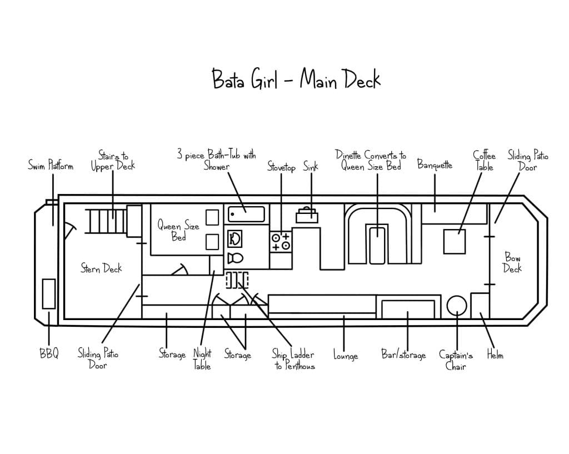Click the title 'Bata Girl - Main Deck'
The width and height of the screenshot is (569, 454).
tap(296, 79)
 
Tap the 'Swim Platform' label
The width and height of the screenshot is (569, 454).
tap(51, 166)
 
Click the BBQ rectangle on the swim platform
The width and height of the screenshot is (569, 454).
tap(49, 293)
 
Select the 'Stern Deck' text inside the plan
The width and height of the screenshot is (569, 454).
tap(101, 268)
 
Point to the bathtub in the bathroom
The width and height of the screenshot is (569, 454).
tap(247, 214)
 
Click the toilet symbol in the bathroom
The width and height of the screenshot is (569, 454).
tap(235, 258)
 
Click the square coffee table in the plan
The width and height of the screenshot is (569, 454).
tap(454, 241)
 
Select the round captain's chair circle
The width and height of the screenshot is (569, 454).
tap(457, 305)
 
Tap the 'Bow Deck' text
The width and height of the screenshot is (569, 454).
tap(512, 262)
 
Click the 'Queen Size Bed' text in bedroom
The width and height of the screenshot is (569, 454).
tap(178, 231)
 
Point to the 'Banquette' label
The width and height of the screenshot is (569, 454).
tap(435, 165)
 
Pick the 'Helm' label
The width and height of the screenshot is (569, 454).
tap(495, 355)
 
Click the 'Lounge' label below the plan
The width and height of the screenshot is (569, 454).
tap(345, 356)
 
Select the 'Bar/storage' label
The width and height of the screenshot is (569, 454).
tap(403, 355)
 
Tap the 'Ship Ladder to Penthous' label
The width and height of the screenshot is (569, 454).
tap(293, 360)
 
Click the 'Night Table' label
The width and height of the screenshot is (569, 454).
tap(202, 359)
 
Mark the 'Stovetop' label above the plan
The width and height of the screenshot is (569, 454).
tap(281, 167)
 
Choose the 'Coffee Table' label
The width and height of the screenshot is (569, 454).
tap(484, 161)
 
